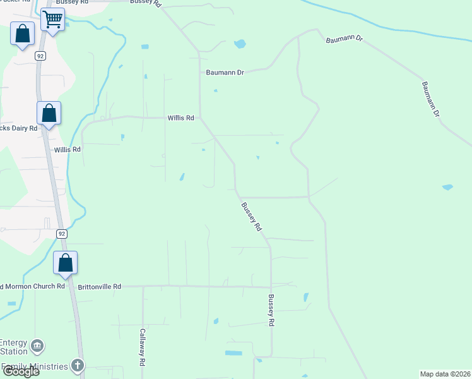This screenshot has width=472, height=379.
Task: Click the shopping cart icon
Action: coord(53,20)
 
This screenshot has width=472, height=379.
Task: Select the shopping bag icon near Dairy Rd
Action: coord(49,114)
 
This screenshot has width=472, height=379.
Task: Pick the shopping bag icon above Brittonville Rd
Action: coord(65,263)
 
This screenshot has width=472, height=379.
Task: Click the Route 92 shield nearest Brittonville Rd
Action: coord(61,234)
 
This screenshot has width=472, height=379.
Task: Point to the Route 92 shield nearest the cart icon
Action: coord(40,56)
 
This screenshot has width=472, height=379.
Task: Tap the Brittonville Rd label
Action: coord(99,286)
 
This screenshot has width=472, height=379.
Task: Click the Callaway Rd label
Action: coord(143,348)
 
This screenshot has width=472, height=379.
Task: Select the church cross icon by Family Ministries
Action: coord(77,365)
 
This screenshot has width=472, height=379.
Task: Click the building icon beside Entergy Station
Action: coord(37,346)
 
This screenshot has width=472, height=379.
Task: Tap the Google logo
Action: coord(20,371)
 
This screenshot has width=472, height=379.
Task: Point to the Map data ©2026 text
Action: coord(445,374)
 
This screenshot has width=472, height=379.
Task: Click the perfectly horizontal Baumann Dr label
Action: coord(225,73)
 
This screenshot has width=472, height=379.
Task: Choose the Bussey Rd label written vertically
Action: coord(271,310)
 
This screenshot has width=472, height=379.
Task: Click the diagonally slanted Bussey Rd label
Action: coord(251,216)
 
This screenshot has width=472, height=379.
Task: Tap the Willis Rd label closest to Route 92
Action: coord(68,150)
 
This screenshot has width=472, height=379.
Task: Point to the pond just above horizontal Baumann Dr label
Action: coord(240,44)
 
